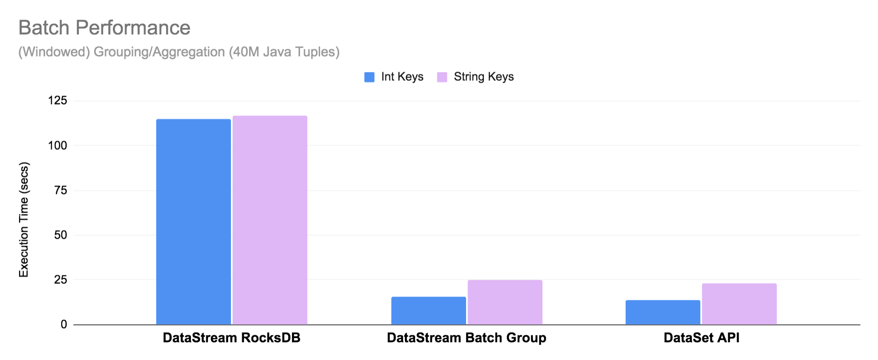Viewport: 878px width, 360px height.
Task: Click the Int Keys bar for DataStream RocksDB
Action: [193, 222]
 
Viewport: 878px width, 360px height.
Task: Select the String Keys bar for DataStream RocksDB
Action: [270, 220]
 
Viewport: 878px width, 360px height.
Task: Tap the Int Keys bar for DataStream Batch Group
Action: [428, 311]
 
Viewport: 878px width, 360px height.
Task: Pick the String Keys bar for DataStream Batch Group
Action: [505, 302]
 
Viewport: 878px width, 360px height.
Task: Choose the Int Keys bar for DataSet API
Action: [662, 312]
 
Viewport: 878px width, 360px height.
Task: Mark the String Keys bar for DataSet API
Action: [739, 304]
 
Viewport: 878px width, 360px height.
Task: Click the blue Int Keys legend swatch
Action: [369, 77]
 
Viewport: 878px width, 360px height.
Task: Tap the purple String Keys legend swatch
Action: [442, 77]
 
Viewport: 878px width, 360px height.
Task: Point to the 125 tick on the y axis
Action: [58, 101]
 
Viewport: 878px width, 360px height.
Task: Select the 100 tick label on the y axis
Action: [58, 145]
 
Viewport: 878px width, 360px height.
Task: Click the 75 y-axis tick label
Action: [61, 190]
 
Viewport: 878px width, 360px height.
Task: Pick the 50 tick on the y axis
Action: [61, 235]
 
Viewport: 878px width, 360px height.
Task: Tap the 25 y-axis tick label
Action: [61, 280]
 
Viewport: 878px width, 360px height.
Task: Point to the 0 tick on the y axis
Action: [64, 325]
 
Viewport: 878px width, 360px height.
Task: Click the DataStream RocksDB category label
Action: [231, 338]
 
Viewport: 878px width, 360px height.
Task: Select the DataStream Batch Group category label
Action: [467, 338]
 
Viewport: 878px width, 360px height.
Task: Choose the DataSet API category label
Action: [701, 338]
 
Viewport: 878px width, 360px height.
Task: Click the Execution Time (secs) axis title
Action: [24, 220]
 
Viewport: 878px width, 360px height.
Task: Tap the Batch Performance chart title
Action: [105, 28]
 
